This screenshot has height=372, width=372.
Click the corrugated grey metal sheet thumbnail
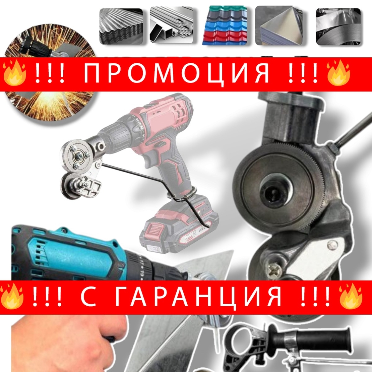pos(121,26)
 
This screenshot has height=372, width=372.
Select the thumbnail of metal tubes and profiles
pos(171,26)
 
